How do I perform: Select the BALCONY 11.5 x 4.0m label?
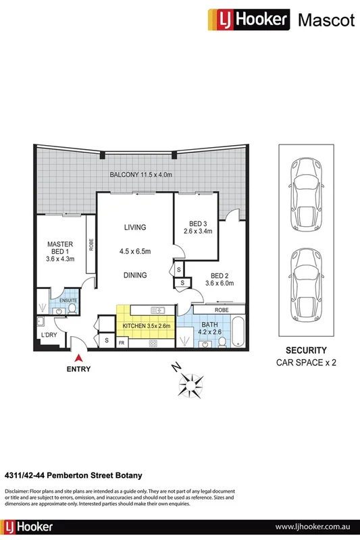[142, 175]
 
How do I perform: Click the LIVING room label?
[134, 227]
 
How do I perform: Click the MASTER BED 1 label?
[59, 250]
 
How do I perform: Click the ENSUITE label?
[68, 299]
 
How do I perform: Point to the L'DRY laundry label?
[49, 335]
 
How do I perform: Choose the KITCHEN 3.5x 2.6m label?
[147, 327]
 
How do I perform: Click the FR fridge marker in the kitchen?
[122, 343]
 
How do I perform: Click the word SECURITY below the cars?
[306, 350]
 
